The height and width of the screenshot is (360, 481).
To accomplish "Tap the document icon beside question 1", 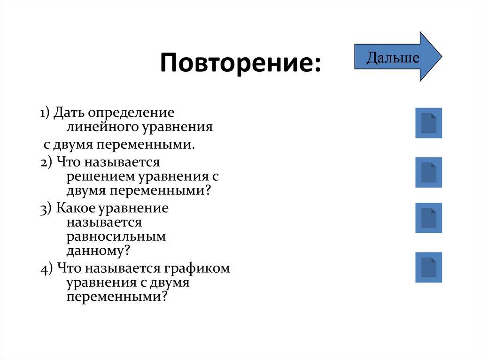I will [x=428, y=123].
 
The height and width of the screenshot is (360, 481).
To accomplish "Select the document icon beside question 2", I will [x=428, y=172].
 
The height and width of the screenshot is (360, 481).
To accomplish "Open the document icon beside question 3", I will [x=428, y=218].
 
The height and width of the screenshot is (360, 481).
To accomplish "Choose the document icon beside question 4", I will [x=428, y=267].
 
